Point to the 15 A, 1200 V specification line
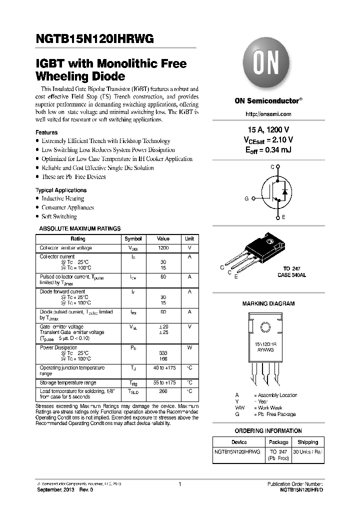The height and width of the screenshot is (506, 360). tap(268, 130)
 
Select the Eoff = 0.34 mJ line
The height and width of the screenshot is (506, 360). tap(268, 149)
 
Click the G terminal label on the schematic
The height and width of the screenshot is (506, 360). tap(246, 198)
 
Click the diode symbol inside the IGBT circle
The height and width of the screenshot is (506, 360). tap(285, 192)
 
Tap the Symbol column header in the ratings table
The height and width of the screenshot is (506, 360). tap(133, 239)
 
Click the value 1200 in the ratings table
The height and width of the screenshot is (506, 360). tap(163, 248)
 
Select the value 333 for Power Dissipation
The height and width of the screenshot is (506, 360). tap(163, 353)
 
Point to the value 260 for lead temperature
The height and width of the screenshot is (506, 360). tap(163, 391)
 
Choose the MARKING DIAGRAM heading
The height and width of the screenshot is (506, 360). tap(268, 303)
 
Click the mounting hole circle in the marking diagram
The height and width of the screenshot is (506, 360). tap(265, 328)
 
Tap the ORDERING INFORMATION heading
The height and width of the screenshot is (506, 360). tap(268, 431)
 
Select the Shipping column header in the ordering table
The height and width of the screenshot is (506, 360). tap(307, 442)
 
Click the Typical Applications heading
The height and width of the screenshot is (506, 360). tap(61, 190)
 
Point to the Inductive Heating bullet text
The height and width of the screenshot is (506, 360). tap(62, 198)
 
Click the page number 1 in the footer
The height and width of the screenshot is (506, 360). tap(179, 484)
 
